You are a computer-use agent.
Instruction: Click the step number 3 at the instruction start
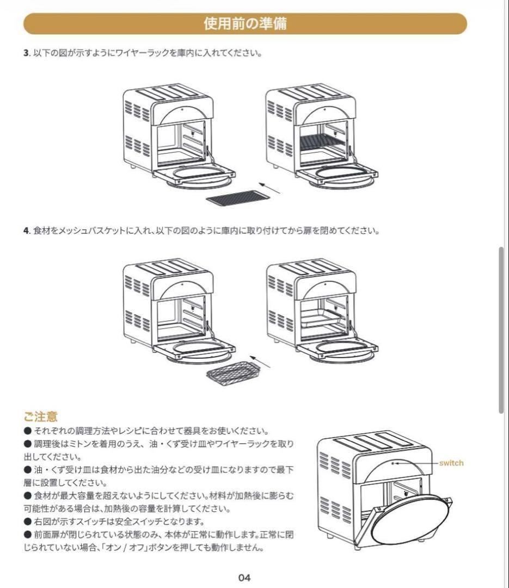(26, 53)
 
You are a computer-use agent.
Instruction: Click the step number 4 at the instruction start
(26, 230)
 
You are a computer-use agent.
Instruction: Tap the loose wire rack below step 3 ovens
(238, 197)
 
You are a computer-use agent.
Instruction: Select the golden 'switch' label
(451, 463)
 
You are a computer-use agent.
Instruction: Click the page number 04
(245, 578)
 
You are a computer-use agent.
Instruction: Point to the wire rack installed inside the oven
(322, 143)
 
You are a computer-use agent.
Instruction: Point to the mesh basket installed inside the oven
(323, 318)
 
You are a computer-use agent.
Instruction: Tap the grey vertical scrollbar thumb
(501, 330)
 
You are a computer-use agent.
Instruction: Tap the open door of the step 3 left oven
(195, 173)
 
